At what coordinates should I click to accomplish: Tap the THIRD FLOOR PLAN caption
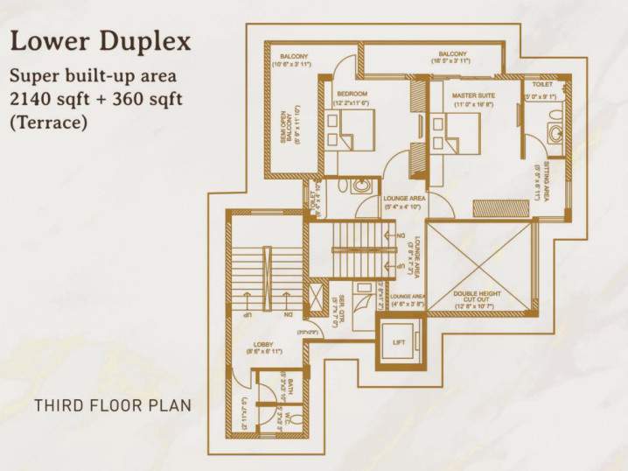coord(112,406)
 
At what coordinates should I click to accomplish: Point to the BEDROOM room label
coord(351,92)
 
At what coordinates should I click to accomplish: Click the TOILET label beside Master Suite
coord(541,85)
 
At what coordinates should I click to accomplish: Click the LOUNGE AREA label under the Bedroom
coord(404,199)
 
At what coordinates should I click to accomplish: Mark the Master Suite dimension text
coord(474,104)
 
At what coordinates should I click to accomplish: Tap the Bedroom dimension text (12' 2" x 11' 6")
coord(351,103)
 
